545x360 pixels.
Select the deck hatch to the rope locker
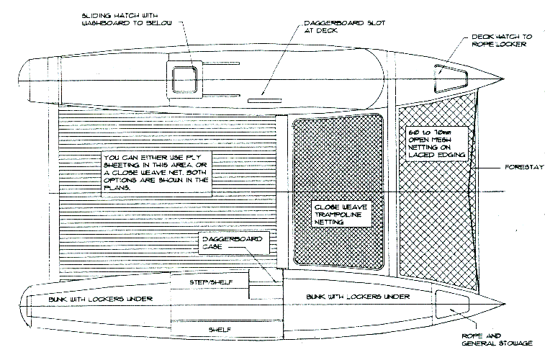coord(444,71)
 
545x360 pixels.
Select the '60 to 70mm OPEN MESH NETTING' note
coord(436,144)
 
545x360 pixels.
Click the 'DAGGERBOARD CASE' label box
coord(229,242)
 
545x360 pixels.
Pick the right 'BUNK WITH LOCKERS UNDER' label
coord(348,297)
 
